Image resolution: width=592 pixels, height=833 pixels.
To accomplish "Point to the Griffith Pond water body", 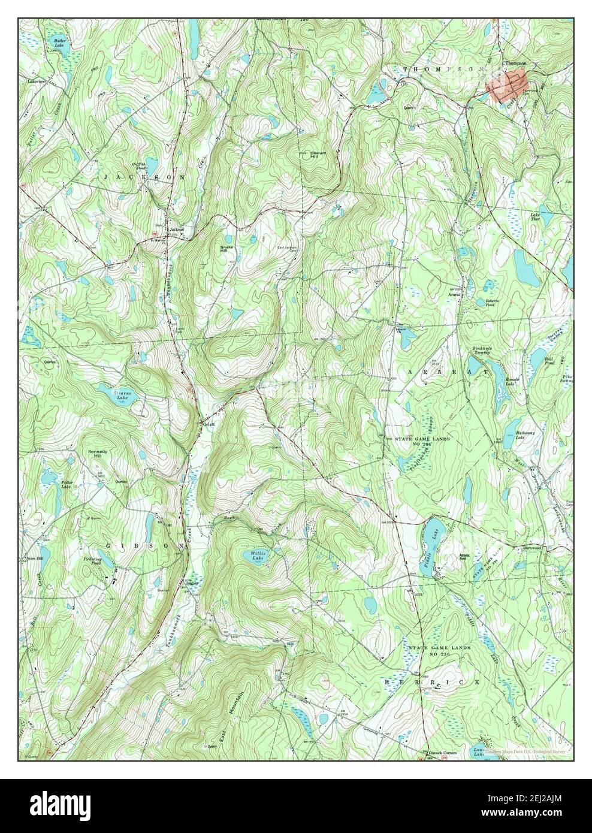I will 152,164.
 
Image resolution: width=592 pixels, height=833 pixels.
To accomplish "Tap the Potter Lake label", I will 67,484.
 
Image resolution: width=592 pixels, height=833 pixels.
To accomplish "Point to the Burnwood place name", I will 531,547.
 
